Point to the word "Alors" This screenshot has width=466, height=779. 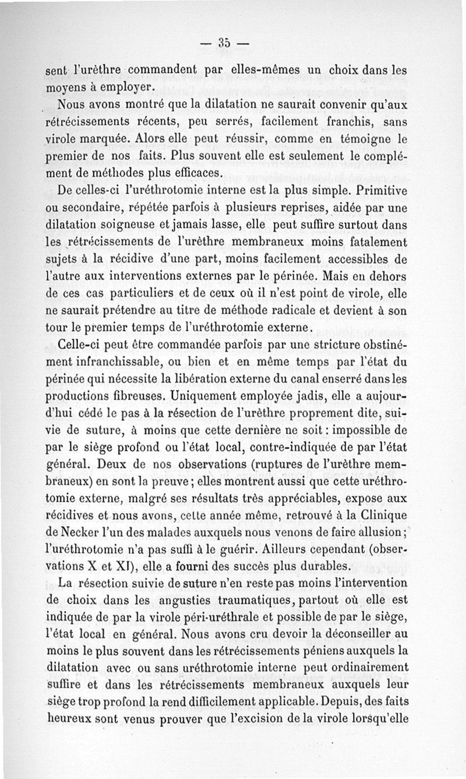(152, 139)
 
